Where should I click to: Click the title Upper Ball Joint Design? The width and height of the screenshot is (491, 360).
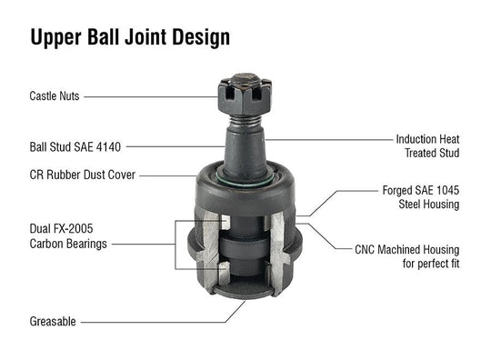(129, 37)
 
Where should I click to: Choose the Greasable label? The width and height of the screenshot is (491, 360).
(53, 321)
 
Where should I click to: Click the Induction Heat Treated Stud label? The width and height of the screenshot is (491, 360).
(427, 146)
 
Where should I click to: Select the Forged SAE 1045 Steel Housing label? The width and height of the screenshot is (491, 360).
(420, 198)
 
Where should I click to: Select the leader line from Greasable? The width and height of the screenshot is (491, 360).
(155, 321)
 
